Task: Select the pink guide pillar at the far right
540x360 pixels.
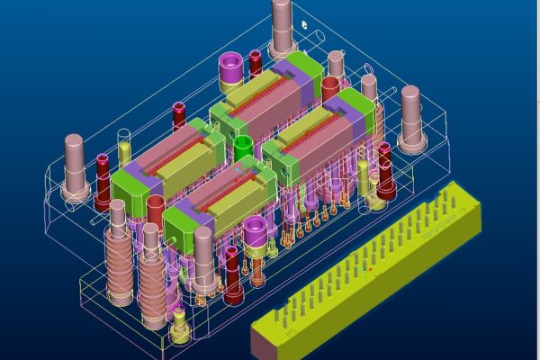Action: tap(411, 118)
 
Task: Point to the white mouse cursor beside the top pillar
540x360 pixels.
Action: tap(305, 24)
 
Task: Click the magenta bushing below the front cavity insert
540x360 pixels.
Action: tap(256, 238)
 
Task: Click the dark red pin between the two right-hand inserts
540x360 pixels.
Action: tap(329, 90)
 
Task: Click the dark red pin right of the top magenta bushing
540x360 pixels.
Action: tap(255, 63)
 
